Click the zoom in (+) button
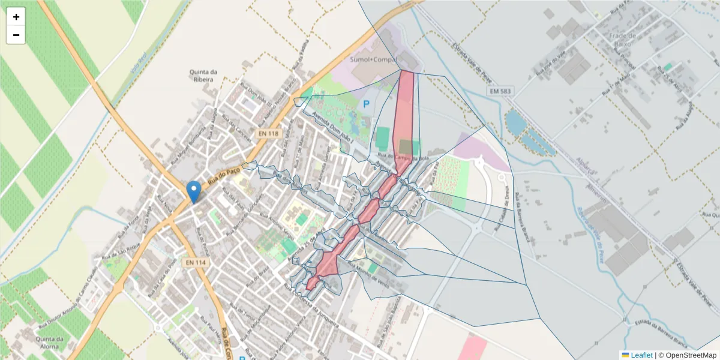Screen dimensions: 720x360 (16, 17)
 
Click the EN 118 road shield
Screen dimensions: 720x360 (269, 133)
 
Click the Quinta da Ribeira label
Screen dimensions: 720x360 (203, 76)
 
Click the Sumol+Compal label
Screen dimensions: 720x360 (374, 60)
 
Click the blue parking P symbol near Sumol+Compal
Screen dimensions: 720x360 (366, 104)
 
